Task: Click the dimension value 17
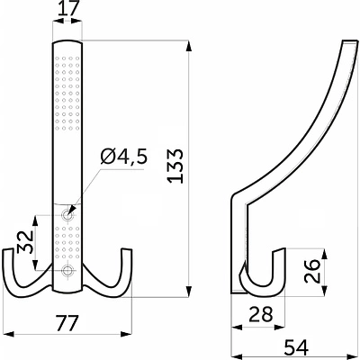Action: pyautogui.click(x=67, y=9)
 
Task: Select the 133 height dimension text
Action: pyautogui.click(x=175, y=166)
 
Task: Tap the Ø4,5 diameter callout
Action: pyautogui.click(x=124, y=157)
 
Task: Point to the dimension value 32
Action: pyautogui.click(x=24, y=242)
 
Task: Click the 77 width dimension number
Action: pyautogui.click(x=68, y=323)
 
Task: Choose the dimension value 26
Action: pyautogui.click(x=311, y=271)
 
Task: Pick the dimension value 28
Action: pyautogui.click(x=262, y=314)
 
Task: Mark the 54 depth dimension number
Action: pyautogui.click(x=296, y=348)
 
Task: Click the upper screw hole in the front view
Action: pyautogui.click(x=67, y=215)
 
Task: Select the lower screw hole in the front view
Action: pyautogui.click(x=67, y=270)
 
